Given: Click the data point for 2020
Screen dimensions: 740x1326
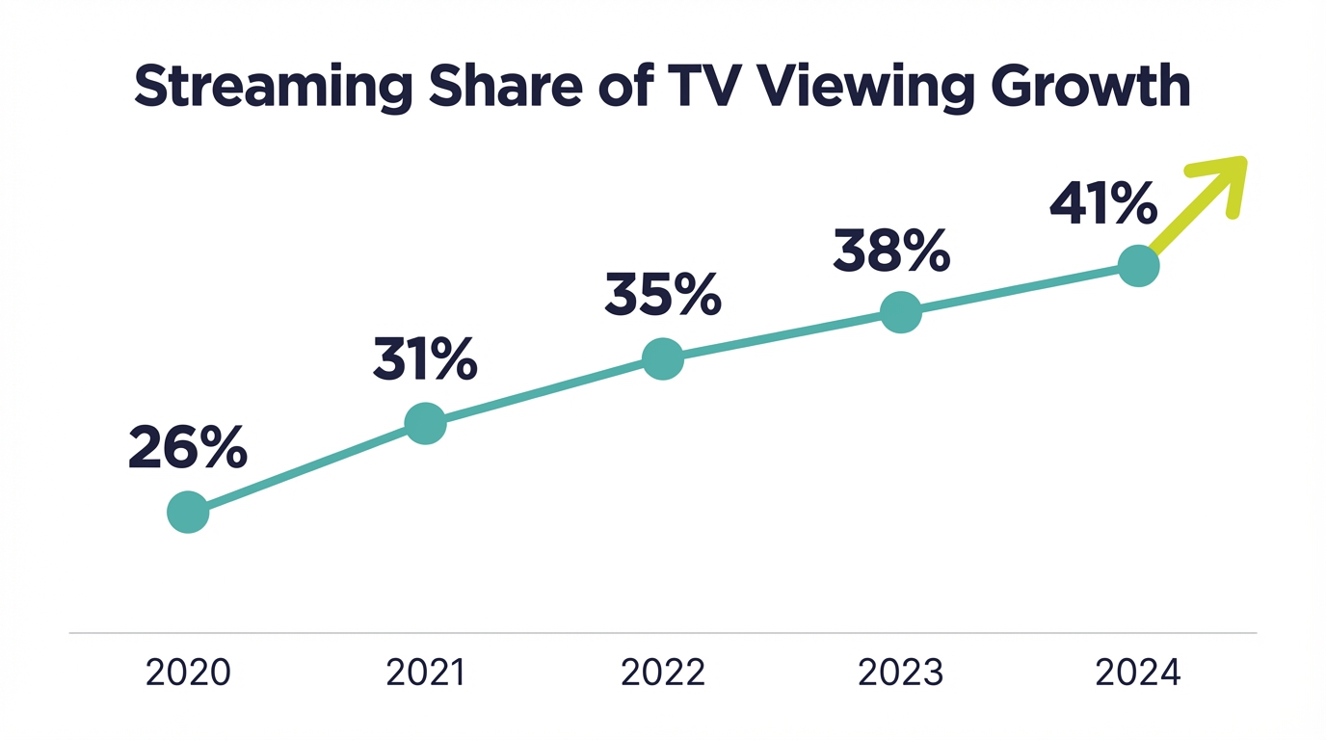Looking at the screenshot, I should (x=188, y=512).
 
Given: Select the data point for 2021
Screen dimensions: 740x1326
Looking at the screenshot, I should (x=425, y=423).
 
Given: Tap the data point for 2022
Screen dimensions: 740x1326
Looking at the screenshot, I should (x=663, y=358).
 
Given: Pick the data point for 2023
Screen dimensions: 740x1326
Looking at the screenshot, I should (x=901, y=312).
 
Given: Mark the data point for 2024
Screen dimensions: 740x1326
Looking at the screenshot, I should (x=1138, y=265).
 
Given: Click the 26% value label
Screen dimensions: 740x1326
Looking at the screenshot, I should (x=187, y=448).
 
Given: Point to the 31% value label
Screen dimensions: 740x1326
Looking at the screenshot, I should (x=425, y=360).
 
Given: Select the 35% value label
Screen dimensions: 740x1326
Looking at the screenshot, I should (x=663, y=295).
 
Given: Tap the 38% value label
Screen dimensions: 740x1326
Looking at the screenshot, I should (x=891, y=251).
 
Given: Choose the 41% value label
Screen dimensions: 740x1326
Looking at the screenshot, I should (x=1102, y=204).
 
